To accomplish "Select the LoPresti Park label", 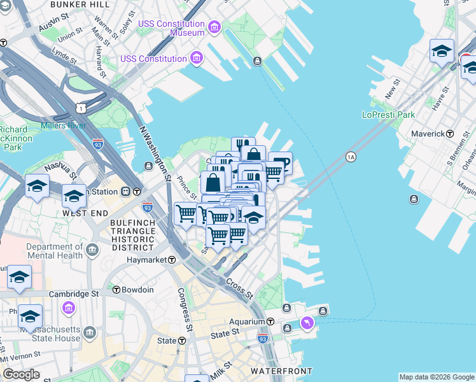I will [388, 115].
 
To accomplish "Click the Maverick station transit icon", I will [450, 134].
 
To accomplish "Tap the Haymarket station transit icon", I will [172, 260].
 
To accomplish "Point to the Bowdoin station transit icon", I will [116, 290].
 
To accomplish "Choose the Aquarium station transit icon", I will [270, 322].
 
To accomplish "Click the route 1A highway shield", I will [351, 157].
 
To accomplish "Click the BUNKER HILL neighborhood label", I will [79, 4].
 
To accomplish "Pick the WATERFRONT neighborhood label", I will [281, 371].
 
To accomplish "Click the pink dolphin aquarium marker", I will [307, 324].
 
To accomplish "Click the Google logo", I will [20, 374].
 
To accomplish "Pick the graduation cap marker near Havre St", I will [442, 51].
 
